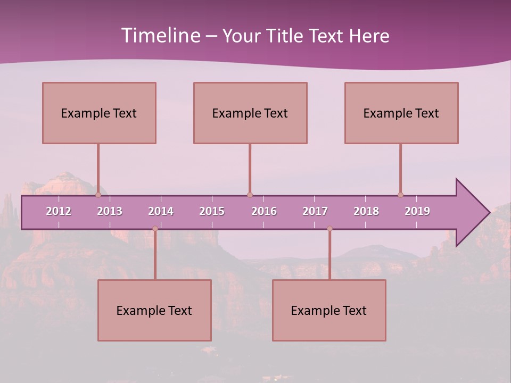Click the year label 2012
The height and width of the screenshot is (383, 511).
click(59, 211)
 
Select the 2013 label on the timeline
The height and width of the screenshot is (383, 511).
click(110, 211)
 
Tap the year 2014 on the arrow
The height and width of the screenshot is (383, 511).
click(161, 211)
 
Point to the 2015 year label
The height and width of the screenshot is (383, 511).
click(212, 211)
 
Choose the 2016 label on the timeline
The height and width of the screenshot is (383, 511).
click(264, 211)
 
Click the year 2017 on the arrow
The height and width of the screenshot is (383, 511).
click(315, 211)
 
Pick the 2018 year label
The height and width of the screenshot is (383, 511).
click(366, 211)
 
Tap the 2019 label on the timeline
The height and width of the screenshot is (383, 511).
click(417, 211)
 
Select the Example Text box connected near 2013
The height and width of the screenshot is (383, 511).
click(99, 113)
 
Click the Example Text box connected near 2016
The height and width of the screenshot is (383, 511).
click(250, 113)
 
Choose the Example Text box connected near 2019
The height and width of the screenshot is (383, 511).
click(401, 113)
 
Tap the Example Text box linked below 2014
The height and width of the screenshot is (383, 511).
click(154, 310)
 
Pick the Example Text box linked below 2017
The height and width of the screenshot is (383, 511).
click(329, 310)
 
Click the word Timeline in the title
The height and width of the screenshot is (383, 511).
click(159, 36)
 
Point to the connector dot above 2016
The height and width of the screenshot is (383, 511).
click(250, 195)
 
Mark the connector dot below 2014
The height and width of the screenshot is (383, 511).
click(155, 229)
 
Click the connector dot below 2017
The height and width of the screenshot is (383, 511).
click(329, 229)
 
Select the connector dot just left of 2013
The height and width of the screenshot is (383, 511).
click(98, 195)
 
